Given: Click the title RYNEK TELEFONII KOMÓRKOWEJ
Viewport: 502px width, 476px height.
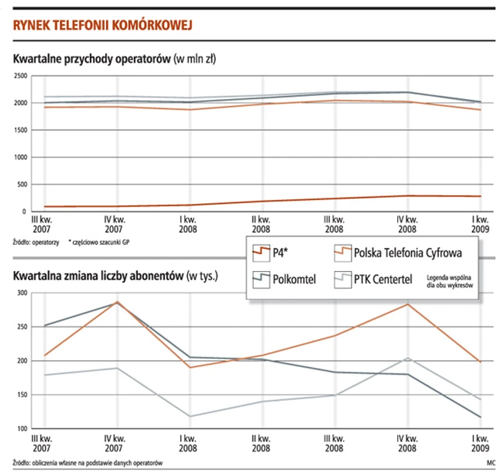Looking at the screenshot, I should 101,25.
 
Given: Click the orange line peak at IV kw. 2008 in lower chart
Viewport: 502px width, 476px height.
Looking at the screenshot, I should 407,304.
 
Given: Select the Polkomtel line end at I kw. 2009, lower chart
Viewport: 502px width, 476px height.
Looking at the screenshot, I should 480,417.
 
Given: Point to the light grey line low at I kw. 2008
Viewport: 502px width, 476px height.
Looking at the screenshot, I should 188,416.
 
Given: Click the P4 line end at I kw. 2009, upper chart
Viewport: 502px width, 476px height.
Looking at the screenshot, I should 480,196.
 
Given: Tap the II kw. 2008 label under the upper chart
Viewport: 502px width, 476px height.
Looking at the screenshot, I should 261,224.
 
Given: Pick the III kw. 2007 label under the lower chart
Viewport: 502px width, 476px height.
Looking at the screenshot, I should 42,443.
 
